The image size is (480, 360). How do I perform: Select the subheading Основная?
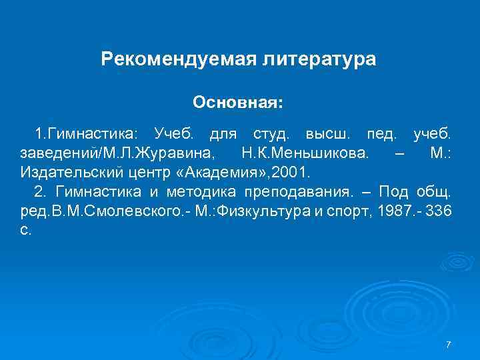pos(238,103)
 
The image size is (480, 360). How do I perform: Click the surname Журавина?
pos(176,155)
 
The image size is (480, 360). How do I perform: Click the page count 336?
pos(442,211)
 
